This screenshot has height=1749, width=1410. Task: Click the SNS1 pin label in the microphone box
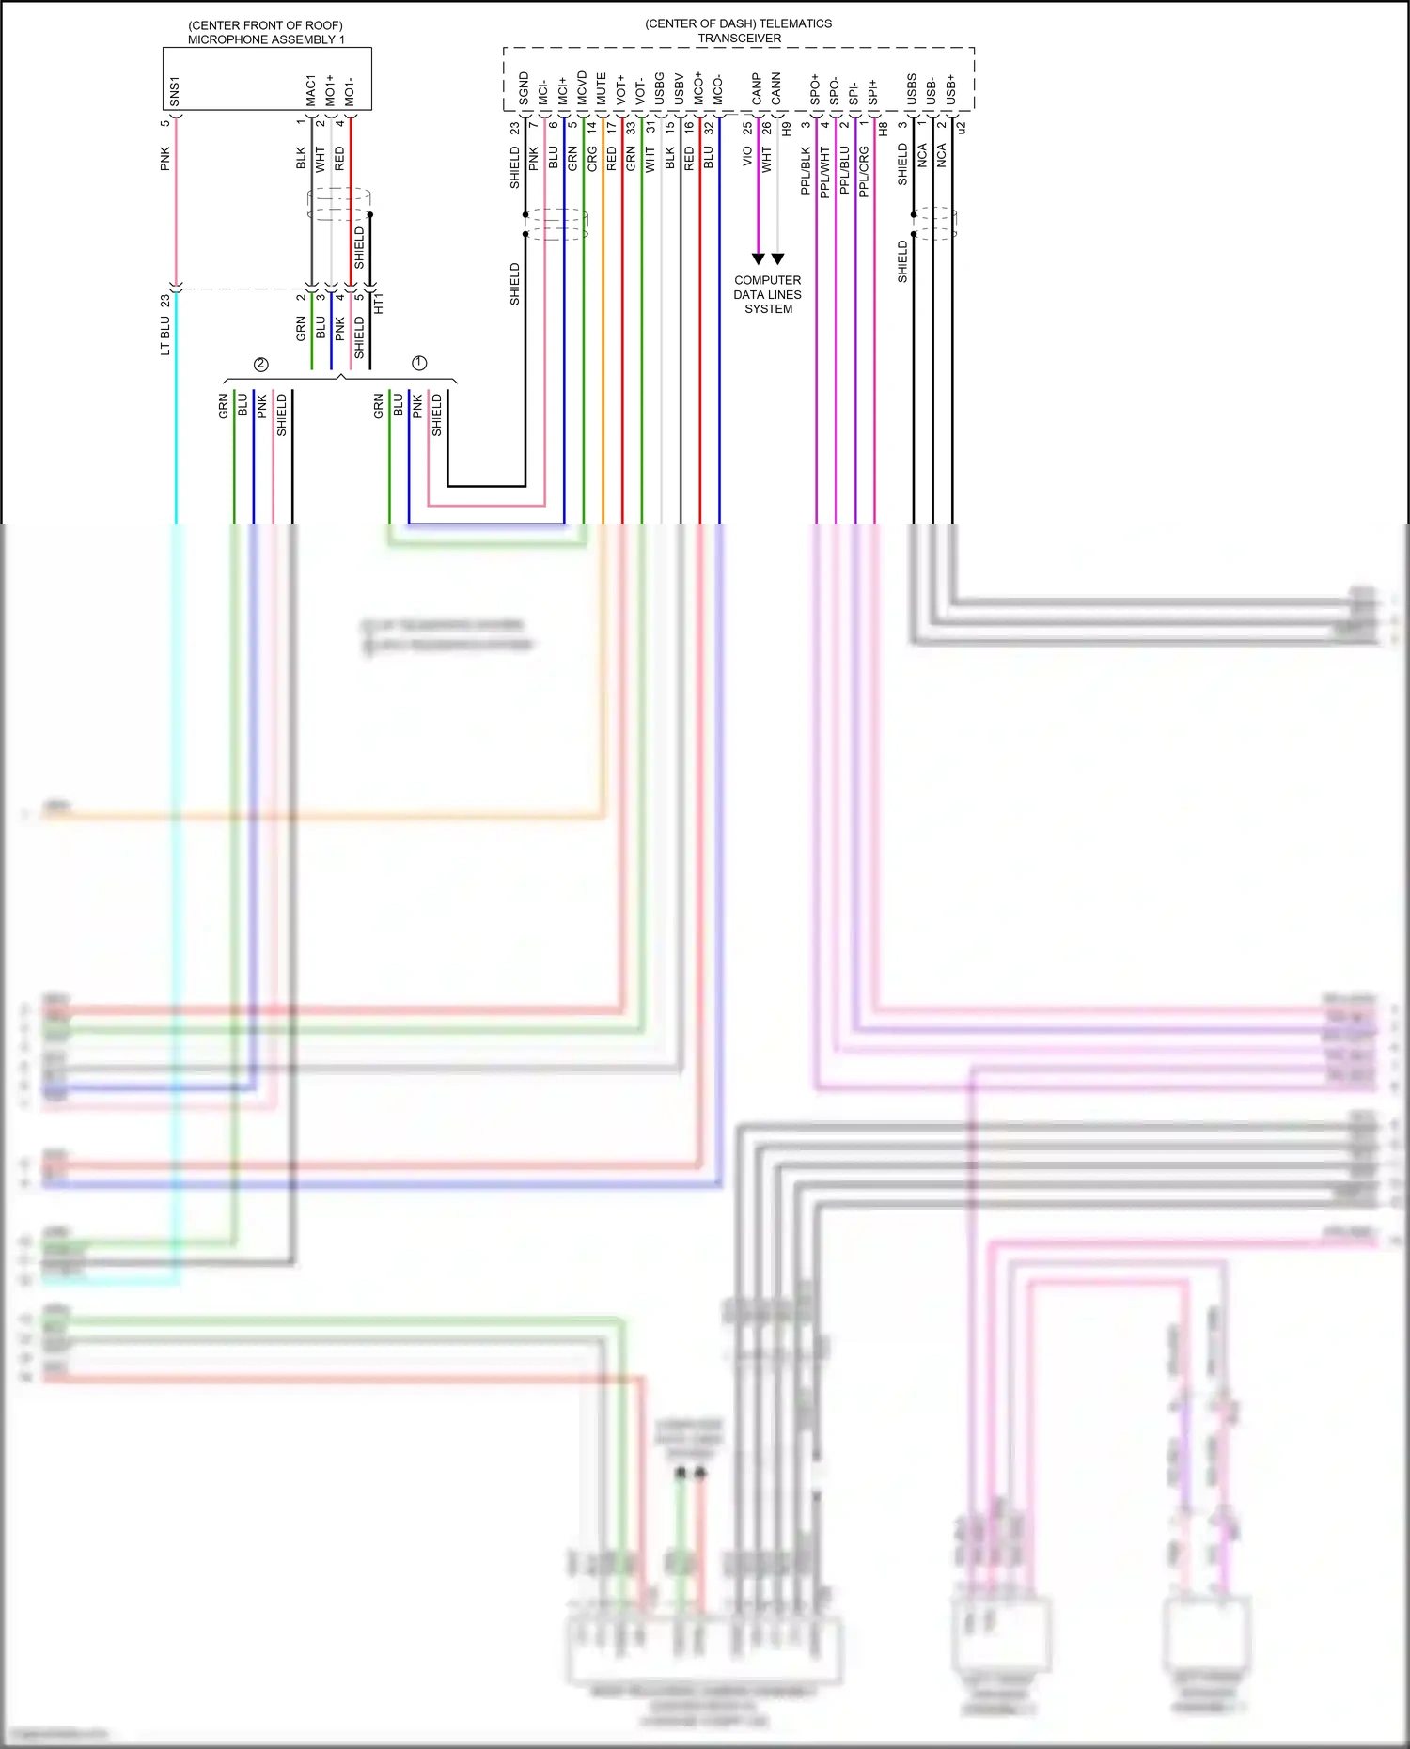(175, 91)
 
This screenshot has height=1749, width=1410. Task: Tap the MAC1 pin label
(310, 90)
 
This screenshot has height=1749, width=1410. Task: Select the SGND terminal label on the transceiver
(524, 87)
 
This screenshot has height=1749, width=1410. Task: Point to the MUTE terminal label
(602, 88)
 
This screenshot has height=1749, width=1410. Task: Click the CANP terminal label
(757, 90)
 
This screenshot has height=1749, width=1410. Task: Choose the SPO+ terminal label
(815, 89)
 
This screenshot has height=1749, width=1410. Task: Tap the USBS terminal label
(912, 89)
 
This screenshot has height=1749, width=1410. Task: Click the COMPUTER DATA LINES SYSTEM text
(768, 294)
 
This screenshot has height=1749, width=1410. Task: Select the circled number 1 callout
(419, 363)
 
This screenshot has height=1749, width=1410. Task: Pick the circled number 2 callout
(261, 364)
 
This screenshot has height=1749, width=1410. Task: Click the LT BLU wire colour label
(165, 335)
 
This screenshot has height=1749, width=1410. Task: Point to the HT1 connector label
(379, 304)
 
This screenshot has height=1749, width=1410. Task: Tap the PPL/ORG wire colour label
(864, 171)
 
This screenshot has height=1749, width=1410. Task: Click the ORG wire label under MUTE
(592, 157)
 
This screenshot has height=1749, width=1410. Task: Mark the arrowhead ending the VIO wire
(758, 258)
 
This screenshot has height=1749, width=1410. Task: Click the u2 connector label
(961, 127)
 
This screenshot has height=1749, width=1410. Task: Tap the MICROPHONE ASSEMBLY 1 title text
(266, 39)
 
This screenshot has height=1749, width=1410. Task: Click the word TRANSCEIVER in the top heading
(739, 39)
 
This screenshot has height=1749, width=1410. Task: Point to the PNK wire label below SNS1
(165, 158)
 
